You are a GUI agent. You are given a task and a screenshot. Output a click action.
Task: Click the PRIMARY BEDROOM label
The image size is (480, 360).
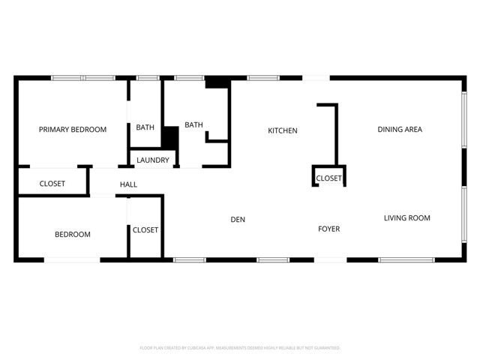click(x=73, y=130)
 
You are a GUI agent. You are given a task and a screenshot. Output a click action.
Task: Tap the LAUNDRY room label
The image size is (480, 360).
click(x=153, y=160)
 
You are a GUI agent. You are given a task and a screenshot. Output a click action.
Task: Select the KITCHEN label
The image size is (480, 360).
click(x=283, y=130)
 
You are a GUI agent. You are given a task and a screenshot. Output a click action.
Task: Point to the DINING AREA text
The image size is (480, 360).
click(x=400, y=130)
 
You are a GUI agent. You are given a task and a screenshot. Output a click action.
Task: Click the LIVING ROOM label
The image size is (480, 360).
click(x=407, y=218)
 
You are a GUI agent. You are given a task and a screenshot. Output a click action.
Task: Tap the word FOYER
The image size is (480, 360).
click(x=328, y=229)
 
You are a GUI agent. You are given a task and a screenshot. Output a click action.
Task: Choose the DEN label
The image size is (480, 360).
click(x=238, y=220)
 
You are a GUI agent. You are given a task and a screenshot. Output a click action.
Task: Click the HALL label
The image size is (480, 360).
click(x=128, y=184)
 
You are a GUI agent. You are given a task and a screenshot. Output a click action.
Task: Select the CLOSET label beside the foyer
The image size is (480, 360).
click(x=329, y=178)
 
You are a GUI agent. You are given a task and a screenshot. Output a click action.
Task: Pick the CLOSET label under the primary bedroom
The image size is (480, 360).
click(x=52, y=184)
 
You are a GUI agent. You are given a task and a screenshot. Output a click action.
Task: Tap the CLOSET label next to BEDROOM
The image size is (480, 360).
click(x=145, y=230)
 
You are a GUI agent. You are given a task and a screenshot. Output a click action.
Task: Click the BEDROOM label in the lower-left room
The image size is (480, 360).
click(x=73, y=235)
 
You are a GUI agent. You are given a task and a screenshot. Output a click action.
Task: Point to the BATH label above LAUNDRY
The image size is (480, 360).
click(x=145, y=127)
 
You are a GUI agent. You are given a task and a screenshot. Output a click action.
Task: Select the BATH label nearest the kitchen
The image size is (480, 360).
click(x=194, y=125)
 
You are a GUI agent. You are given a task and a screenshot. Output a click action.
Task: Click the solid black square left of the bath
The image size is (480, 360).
click(x=170, y=139)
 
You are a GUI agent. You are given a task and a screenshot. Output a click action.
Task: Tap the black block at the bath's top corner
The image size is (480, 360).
click(x=217, y=83)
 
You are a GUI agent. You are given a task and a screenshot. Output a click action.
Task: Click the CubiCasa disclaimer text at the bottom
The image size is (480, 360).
click(x=240, y=348)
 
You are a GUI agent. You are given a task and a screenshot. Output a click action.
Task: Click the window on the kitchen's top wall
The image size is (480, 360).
click(x=263, y=77)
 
